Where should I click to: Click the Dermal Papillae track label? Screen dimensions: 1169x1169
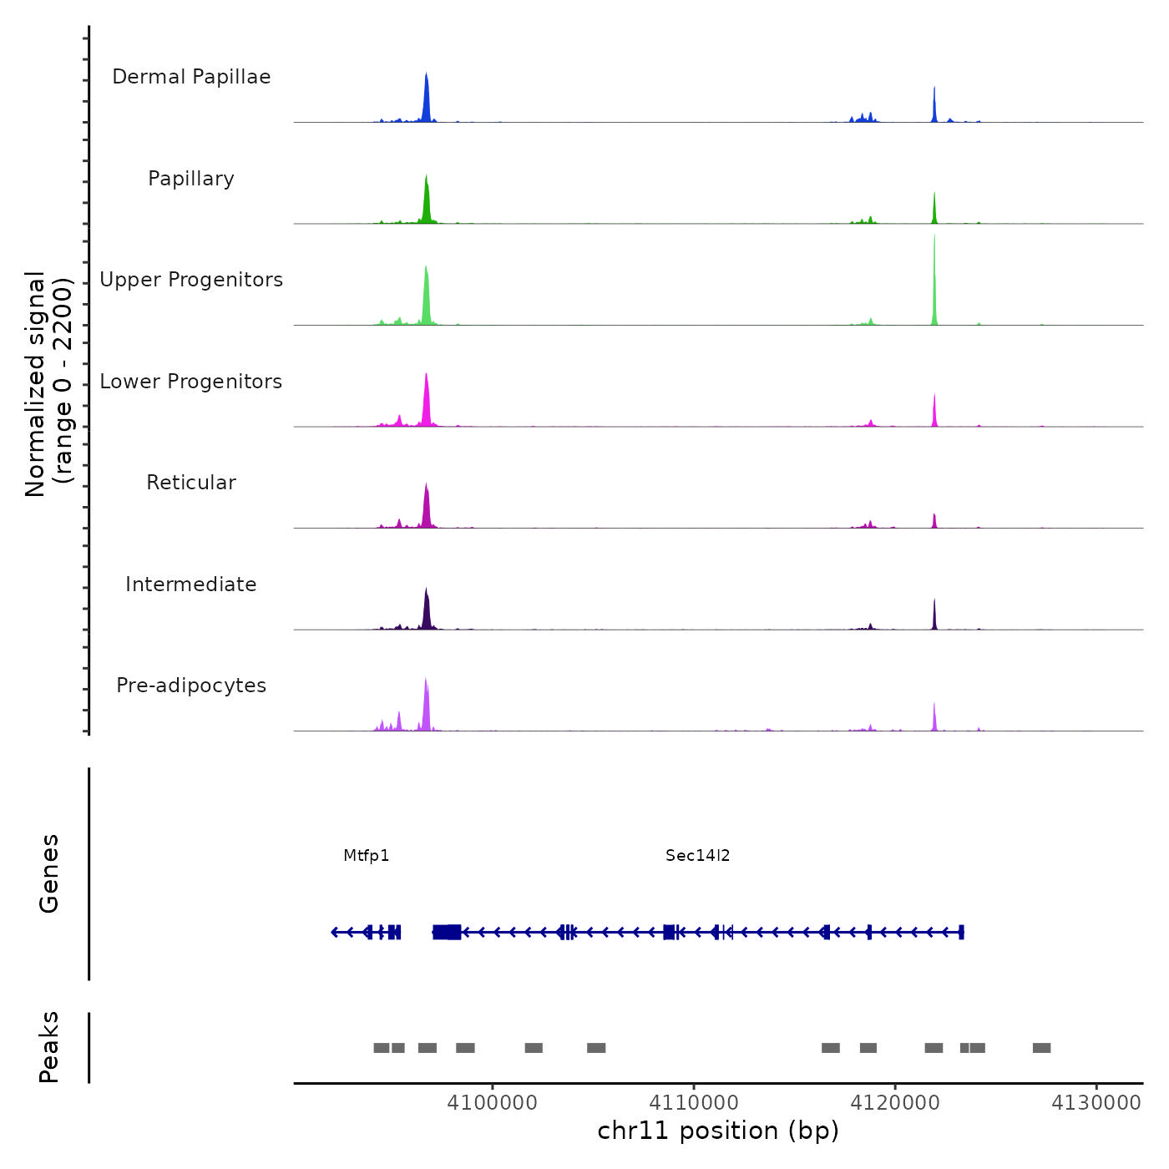(x=191, y=77)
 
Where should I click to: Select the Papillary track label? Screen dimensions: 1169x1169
(x=191, y=179)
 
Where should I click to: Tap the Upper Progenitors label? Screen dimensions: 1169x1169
(x=191, y=280)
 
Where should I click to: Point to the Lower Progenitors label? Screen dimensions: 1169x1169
(x=191, y=382)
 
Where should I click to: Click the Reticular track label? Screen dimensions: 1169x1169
(x=191, y=483)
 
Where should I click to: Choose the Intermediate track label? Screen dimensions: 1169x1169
(x=191, y=584)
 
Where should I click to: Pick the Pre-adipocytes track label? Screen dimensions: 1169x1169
(x=191, y=686)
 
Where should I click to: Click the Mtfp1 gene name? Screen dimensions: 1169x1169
(x=367, y=855)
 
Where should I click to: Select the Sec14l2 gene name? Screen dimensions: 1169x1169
(x=698, y=855)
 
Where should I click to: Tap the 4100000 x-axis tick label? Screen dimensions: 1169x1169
(x=493, y=1103)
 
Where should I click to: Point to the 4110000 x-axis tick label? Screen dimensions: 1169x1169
(x=694, y=1103)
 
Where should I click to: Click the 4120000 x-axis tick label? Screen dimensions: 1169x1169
(x=895, y=1103)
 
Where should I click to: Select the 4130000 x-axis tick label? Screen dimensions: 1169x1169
(x=1096, y=1103)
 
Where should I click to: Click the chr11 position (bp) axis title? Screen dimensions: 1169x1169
(x=718, y=1131)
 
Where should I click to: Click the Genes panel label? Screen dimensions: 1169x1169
(x=49, y=873)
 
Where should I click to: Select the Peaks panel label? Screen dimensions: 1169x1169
(x=49, y=1047)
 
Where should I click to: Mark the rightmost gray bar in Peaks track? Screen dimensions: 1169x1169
(x=1041, y=1048)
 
